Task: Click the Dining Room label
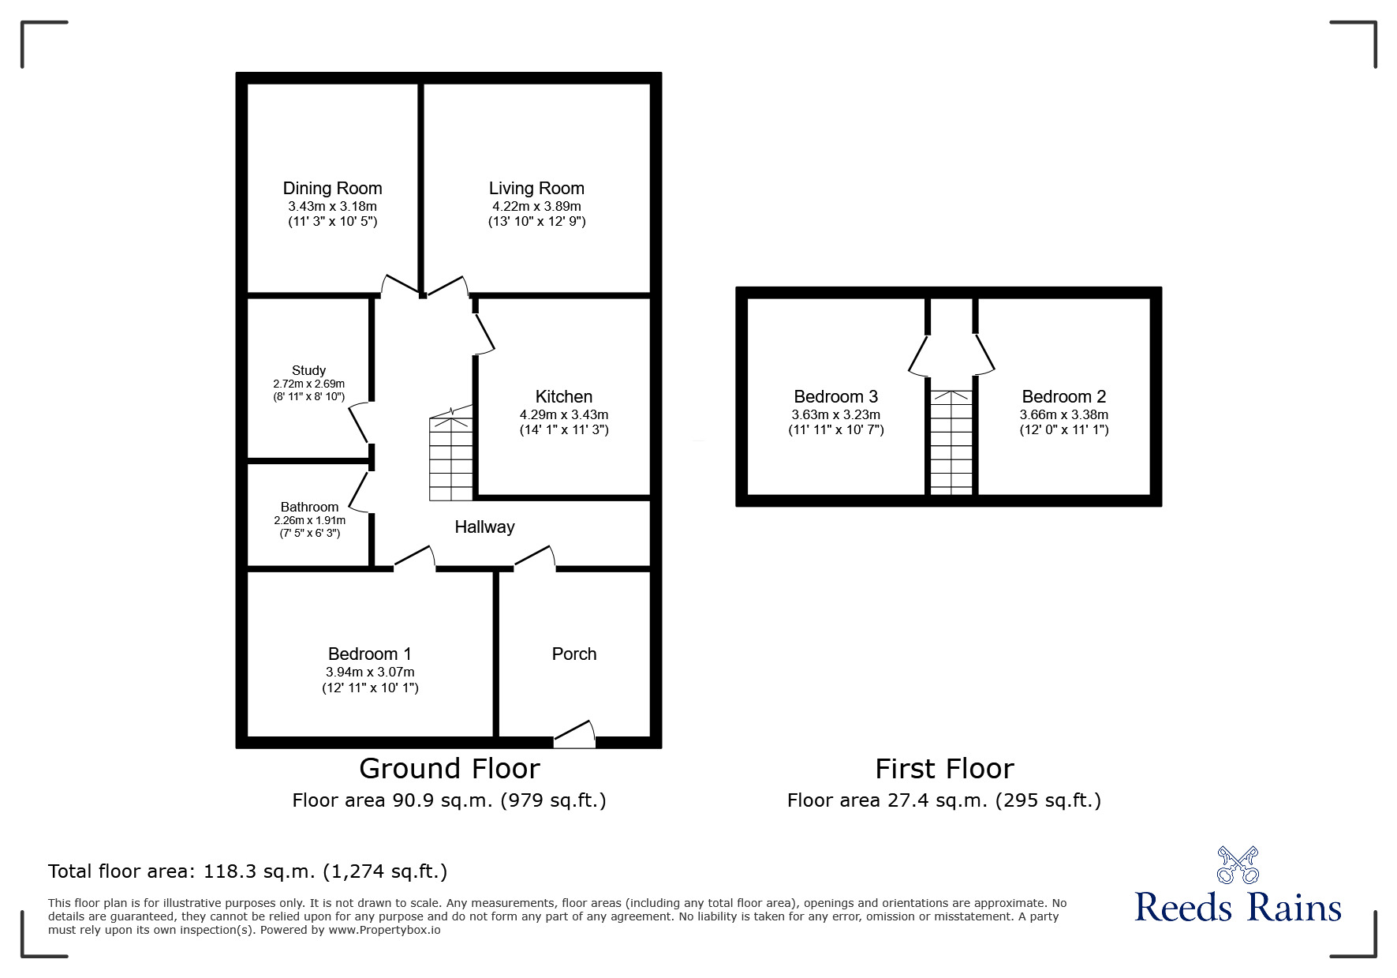(332, 188)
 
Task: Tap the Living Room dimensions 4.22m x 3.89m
(536, 206)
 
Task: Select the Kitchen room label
(563, 396)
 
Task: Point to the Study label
(308, 370)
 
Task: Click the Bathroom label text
(309, 507)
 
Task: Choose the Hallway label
(484, 526)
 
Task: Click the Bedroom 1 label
(369, 654)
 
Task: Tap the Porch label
(573, 654)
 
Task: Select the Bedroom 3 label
(835, 396)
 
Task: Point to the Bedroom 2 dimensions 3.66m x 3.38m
(1063, 414)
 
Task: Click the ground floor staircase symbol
(451, 459)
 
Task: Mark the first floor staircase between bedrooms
(951, 442)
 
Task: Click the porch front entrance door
(575, 736)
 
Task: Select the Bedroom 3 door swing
(920, 354)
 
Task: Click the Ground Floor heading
(449, 768)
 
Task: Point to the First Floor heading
(944, 768)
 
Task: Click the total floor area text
(248, 871)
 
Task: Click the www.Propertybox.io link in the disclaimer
(384, 930)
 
